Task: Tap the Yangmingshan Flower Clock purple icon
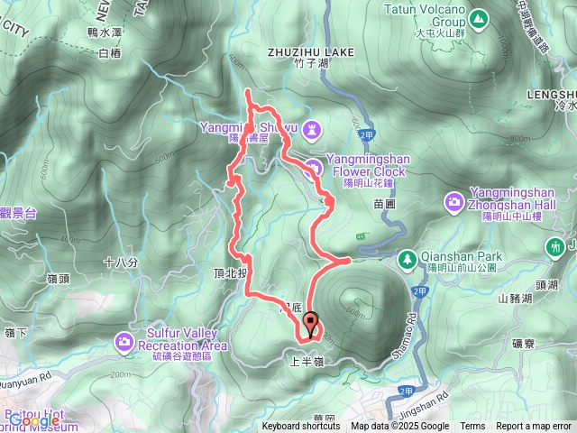(x=312, y=166)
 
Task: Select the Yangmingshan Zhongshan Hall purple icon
(x=454, y=200)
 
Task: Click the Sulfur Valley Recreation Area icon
(x=124, y=340)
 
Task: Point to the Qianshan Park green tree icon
(x=408, y=258)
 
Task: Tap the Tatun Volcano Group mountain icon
(x=476, y=16)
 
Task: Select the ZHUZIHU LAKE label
(x=311, y=52)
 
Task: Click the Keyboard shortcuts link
(x=301, y=427)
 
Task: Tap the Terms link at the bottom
(x=472, y=427)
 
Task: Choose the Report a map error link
(x=534, y=427)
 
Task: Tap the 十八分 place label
(x=121, y=263)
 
